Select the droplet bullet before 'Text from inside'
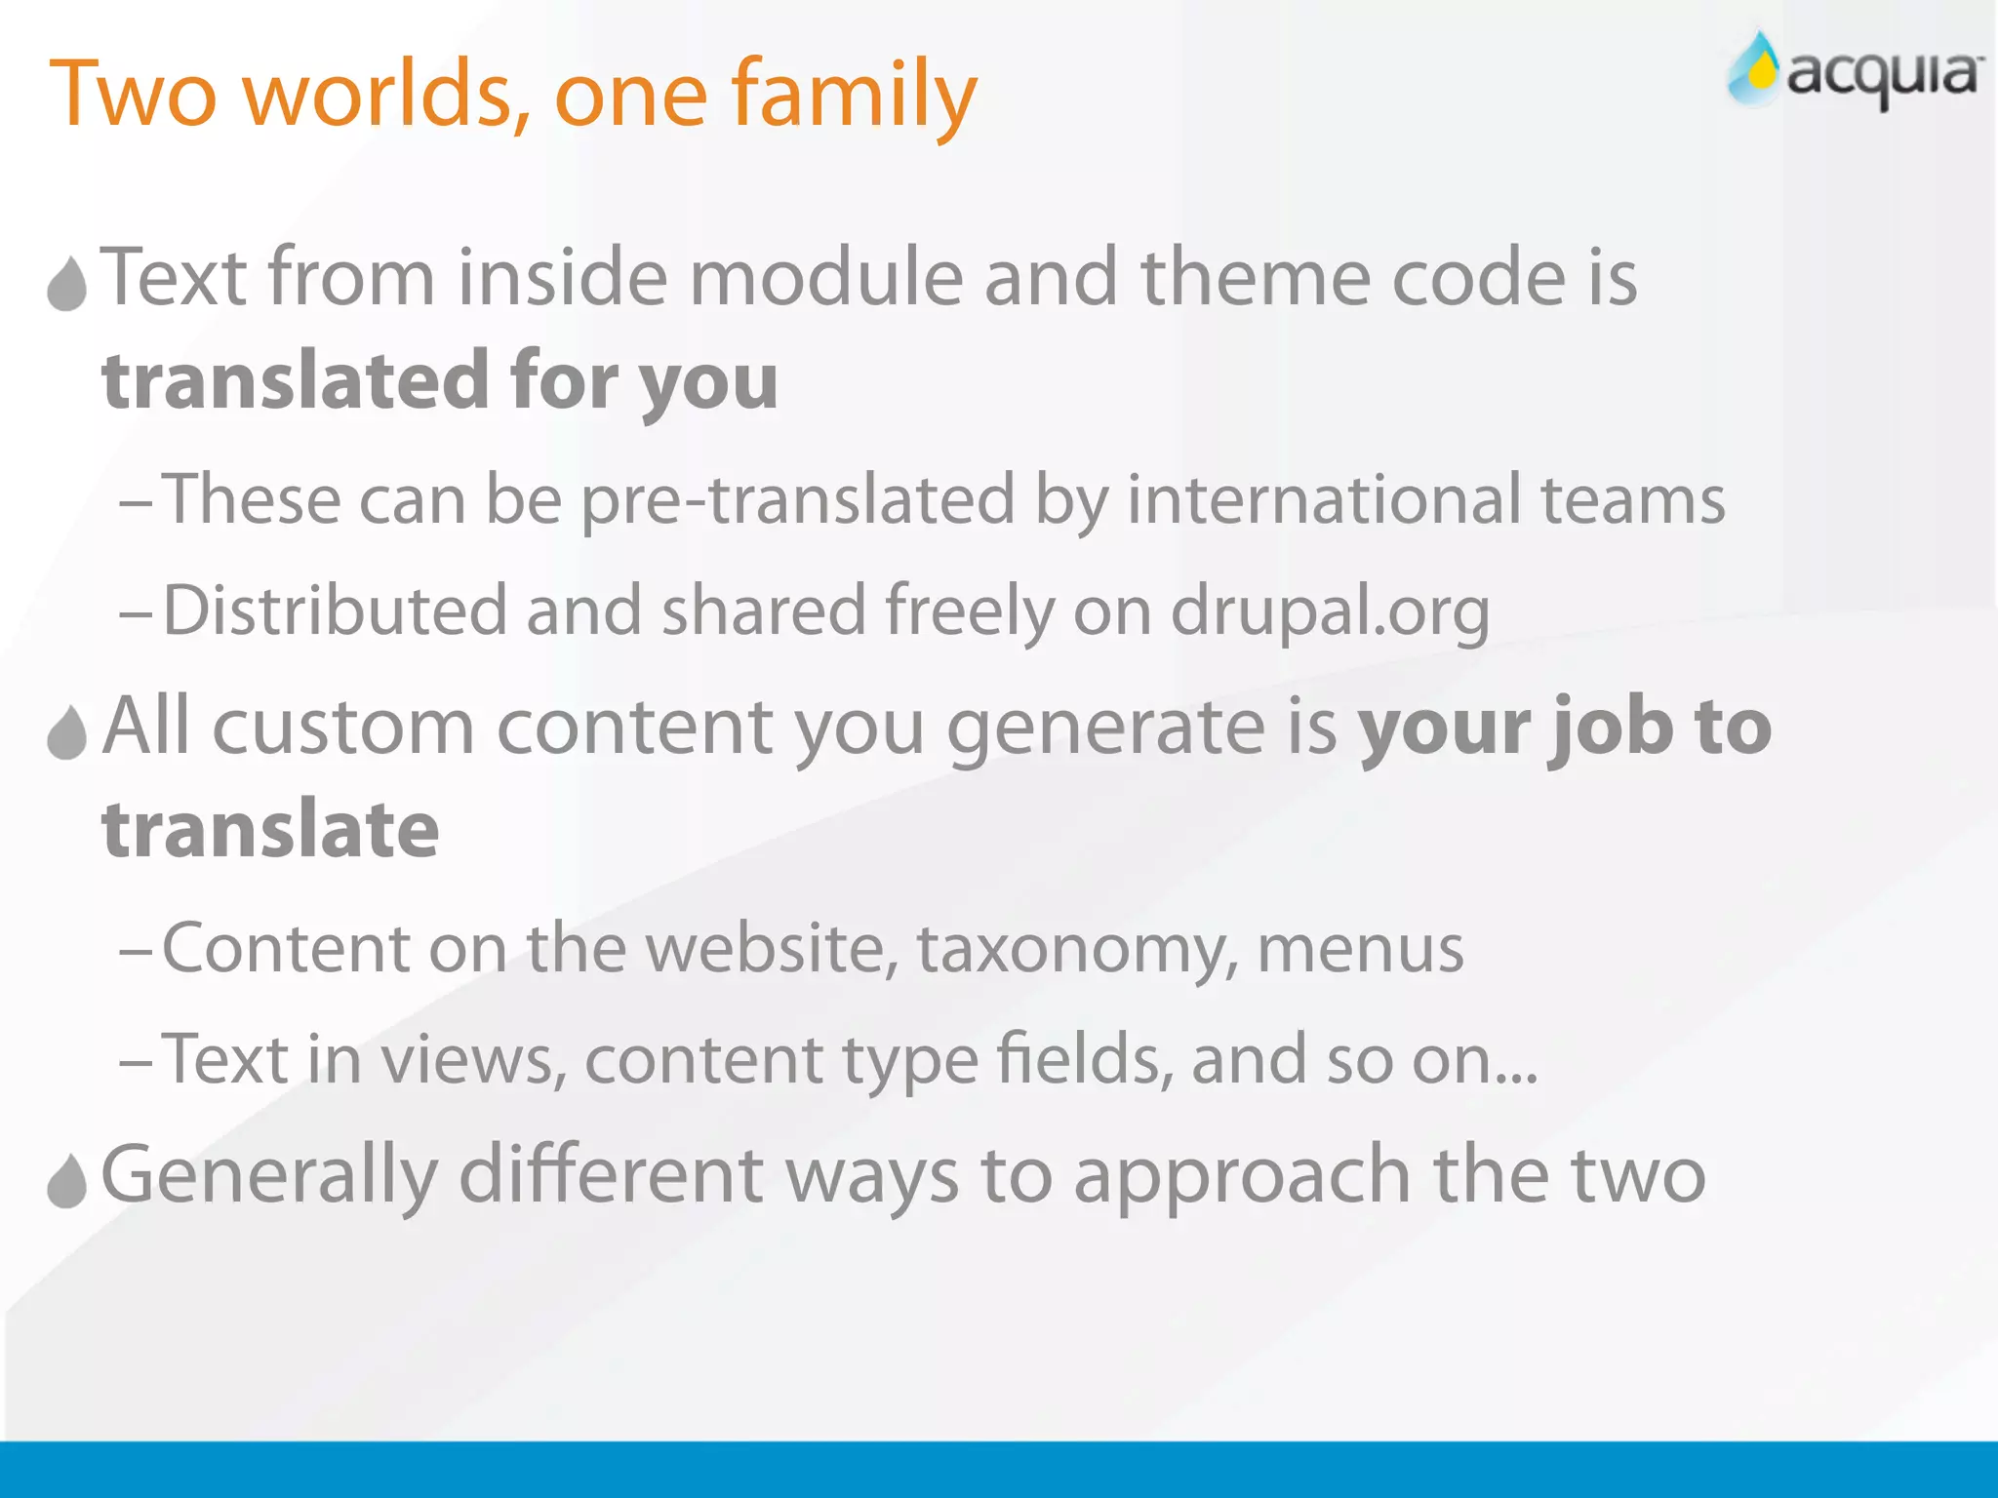pos(67,284)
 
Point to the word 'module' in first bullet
pos(825,278)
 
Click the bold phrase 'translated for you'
pos(440,381)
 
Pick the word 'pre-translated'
pos(798,499)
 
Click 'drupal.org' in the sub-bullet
pos(1329,611)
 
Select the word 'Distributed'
pos(335,611)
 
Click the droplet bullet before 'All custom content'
pos(67,732)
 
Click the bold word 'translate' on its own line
pos(271,830)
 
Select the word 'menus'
pos(1360,948)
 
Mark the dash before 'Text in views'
pos(135,1061)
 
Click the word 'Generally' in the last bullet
pos(269,1176)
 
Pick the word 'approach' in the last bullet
pos(1241,1176)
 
